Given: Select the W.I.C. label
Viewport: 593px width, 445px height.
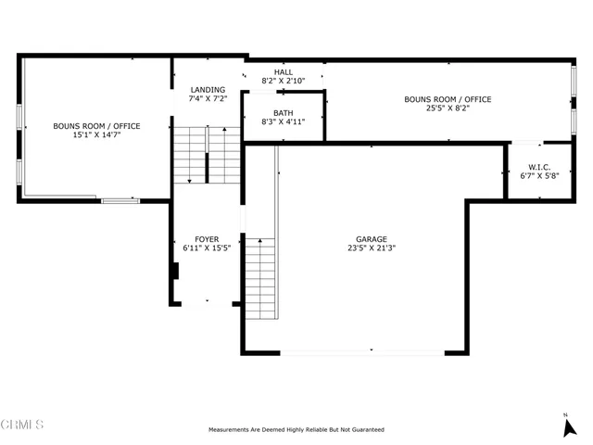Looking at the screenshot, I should pyautogui.click(x=539, y=167).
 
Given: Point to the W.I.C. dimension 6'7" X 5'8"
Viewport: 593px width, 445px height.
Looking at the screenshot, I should pyautogui.click(x=539, y=176).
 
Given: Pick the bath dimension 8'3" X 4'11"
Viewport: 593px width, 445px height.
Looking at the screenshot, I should pyautogui.click(x=283, y=121).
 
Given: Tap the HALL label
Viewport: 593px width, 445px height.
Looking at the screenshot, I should pyautogui.click(x=283, y=72).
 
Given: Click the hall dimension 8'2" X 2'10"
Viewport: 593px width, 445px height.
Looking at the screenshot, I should pyautogui.click(x=283, y=82).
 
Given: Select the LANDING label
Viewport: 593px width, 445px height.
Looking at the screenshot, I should pyautogui.click(x=207, y=90).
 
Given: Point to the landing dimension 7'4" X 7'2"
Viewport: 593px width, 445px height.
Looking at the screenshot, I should pyautogui.click(x=207, y=99).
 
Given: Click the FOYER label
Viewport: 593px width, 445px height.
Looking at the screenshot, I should pyautogui.click(x=207, y=239).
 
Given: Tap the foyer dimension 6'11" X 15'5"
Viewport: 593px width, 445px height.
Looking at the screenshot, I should pyautogui.click(x=207, y=248).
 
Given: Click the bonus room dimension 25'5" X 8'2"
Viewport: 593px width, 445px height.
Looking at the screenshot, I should pyautogui.click(x=447, y=108).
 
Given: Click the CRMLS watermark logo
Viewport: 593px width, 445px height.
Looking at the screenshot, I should pyautogui.click(x=22, y=425).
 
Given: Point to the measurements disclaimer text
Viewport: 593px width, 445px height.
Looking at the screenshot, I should pyautogui.click(x=296, y=430).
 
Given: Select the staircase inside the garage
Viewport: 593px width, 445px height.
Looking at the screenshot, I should pyautogui.click(x=260, y=278).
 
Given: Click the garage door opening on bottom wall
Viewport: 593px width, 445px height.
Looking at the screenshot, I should pyautogui.click(x=361, y=351).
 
